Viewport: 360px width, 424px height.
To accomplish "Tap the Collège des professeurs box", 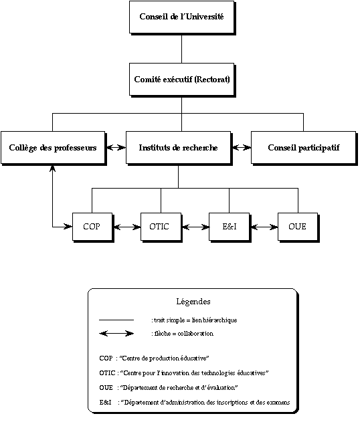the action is click(54, 148).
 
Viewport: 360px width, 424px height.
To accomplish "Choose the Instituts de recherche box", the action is click(179, 148).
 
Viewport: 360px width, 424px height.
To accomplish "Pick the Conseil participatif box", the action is click(304, 148).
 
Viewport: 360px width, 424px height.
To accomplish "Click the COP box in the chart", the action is click(93, 227).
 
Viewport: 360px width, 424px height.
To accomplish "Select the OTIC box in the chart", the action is click(161, 227).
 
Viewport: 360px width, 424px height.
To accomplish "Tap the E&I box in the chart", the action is click(230, 227).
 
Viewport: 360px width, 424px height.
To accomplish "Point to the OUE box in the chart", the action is click(298, 227).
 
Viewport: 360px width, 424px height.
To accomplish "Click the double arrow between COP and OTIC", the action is click(127, 227).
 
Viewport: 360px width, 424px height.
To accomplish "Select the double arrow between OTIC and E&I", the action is click(196, 227).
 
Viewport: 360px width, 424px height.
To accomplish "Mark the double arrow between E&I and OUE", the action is click(264, 227).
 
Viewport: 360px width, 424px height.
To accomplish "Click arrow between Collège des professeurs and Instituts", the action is click(116, 147).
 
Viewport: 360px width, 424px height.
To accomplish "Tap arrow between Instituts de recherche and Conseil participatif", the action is click(242, 147).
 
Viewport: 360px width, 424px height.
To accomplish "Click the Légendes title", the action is click(193, 302).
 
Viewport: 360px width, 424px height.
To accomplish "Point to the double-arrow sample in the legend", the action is click(116, 334).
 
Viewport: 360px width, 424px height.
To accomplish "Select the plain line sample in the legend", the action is click(116, 320).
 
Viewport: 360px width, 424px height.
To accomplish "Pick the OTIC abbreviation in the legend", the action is click(107, 373).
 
